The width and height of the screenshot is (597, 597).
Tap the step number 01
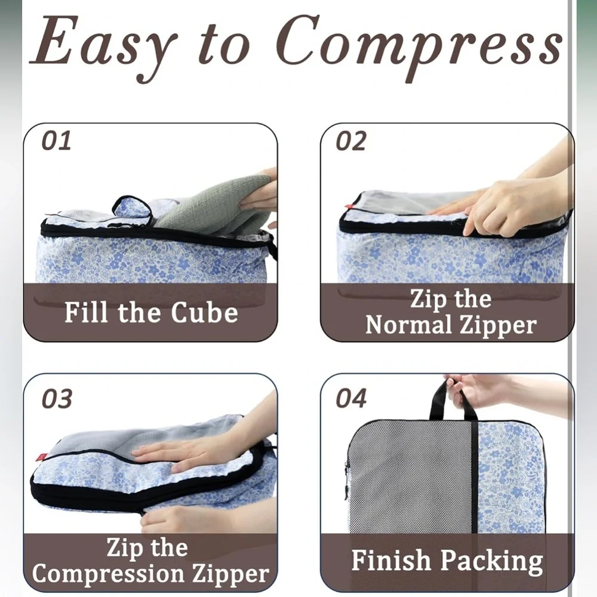(x=56, y=140)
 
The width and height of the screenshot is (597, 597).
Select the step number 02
(x=350, y=140)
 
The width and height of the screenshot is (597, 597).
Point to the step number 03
(x=57, y=399)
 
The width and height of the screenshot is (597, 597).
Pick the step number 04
(x=351, y=398)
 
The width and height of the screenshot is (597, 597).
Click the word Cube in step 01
(x=204, y=313)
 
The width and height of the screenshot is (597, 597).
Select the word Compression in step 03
(x=109, y=574)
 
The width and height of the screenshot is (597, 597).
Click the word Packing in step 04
(x=492, y=562)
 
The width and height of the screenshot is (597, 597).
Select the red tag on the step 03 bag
(x=41, y=456)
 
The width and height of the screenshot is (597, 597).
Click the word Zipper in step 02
(x=498, y=327)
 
